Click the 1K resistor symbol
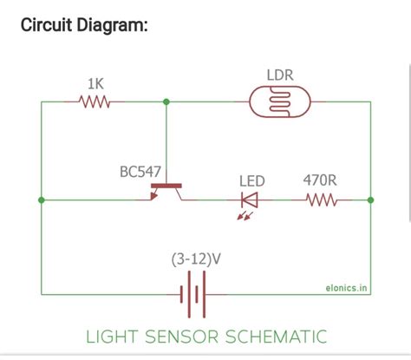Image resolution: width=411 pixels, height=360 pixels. click(95, 101)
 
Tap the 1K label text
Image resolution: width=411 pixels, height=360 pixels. click(96, 83)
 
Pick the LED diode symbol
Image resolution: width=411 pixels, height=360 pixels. click(250, 200)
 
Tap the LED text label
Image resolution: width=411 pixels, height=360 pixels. click(251, 180)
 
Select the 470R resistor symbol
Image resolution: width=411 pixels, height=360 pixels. click(321, 200)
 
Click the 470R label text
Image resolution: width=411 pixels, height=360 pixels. click(320, 180)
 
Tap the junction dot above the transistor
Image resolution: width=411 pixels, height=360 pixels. click(166, 101)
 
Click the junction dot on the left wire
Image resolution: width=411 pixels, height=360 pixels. click(41, 200)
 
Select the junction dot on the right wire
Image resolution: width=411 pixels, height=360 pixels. click(370, 200)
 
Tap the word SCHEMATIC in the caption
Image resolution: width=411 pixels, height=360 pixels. click(281, 335)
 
